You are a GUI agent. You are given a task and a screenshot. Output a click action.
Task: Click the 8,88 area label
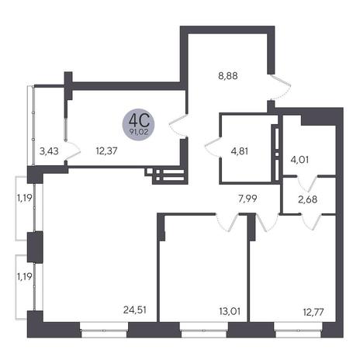(x=227, y=76)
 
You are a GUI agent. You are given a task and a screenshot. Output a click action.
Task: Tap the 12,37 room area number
(x=106, y=151)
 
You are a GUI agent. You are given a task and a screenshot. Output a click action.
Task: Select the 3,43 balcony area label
(x=49, y=151)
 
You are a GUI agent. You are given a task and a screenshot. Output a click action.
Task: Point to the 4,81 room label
(x=240, y=151)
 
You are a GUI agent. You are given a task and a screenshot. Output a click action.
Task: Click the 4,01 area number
(x=299, y=160)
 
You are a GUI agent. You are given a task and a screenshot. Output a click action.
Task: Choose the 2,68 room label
(x=307, y=199)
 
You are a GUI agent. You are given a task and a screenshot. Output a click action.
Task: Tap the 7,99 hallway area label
(x=247, y=199)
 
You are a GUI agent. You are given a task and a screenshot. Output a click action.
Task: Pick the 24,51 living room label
(x=135, y=310)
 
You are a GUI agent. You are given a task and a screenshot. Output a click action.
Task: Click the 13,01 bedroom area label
(x=230, y=311)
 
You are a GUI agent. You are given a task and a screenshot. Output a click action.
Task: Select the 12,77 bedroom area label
(x=313, y=312)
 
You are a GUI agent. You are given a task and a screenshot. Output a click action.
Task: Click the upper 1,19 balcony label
(x=24, y=198)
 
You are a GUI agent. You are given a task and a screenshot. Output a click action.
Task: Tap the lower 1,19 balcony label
(x=24, y=277)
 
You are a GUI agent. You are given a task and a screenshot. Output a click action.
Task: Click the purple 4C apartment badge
(x=139, y=124)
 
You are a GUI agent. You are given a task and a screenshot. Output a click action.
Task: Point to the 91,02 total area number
(x=139, y=133)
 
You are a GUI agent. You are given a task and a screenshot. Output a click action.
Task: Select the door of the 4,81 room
(x=212, y=147)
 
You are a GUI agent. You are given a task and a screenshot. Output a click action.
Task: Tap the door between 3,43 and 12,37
(x=72, y=151)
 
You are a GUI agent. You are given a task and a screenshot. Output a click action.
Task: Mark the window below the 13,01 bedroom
(x=203, y=331)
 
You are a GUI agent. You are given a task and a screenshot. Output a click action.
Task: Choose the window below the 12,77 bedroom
(x=298, y=331)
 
